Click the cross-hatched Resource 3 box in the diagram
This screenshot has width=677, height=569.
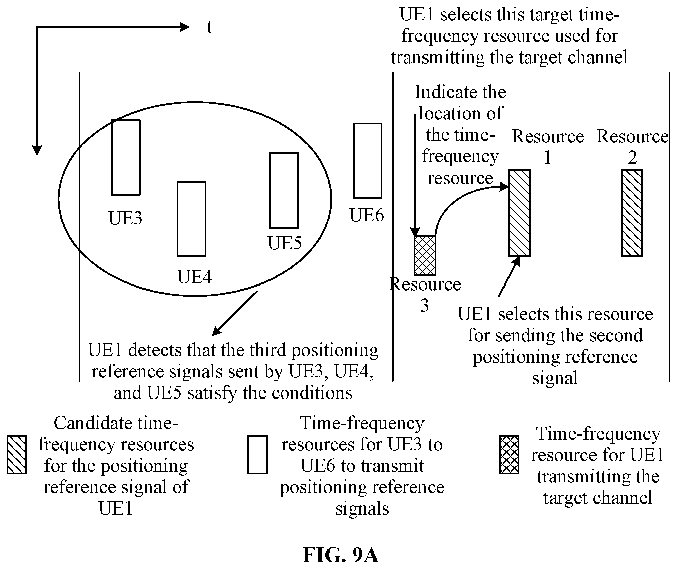pyautogui.click(x=425, y=256)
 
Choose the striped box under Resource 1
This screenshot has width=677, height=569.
pyautogui.click(x=519, y=213)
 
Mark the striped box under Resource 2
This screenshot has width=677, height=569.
pyautogui.click(x=632, y=213)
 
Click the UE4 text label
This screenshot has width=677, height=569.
pyautogui.click(x=195, y=277)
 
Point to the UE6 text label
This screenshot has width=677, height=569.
pyautogui.click(x=367, y=215)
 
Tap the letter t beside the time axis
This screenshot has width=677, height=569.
pyautogui.click(x=209, y=27)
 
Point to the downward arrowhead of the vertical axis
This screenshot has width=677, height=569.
pyautogui.click(x=37, y=151)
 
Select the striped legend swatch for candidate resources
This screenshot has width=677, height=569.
pyautogui.click(x=17, y=455)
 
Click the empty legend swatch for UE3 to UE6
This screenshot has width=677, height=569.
pyautogui.click(x=258, y=455)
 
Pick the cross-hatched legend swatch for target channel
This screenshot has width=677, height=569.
pyautogui.click(x=509, y=455)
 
